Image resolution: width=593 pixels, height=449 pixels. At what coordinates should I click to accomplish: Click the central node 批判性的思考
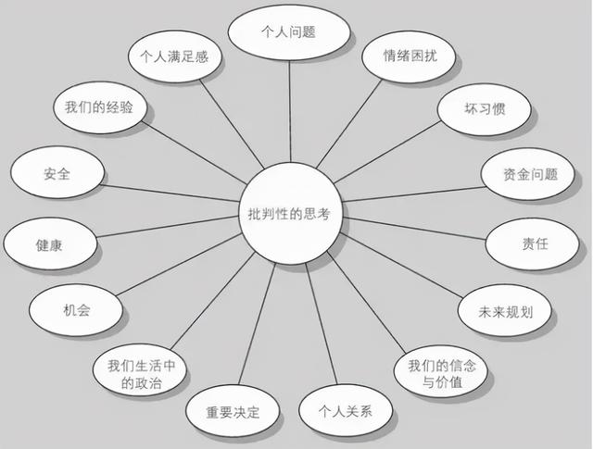point(290,214)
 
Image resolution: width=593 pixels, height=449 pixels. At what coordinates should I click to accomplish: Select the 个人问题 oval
point(289,31)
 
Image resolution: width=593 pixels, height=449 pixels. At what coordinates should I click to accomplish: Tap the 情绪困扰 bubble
point(409,56)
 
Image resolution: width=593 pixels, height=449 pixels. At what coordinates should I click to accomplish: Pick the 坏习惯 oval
point(484,109)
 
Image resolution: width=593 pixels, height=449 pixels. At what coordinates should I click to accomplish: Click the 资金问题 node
point(528,174)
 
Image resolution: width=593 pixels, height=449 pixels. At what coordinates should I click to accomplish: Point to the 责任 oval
point(533,244)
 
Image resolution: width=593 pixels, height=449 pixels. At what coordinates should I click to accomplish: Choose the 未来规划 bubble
point(505,311)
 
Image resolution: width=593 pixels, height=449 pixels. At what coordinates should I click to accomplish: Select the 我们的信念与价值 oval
point(441,371)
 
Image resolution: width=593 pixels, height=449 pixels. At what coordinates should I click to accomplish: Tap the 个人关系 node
point(346,410)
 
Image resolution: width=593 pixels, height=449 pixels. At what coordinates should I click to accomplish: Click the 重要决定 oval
point(233,411)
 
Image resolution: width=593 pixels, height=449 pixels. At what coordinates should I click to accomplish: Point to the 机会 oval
point(76,310)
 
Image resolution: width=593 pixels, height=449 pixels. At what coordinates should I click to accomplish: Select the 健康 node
point(50,244)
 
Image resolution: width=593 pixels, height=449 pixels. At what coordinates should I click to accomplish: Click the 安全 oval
point(57,173)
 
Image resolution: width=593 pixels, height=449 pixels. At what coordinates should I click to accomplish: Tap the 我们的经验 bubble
point(100,107)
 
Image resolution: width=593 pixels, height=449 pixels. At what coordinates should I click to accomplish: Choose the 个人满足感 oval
point(175,56)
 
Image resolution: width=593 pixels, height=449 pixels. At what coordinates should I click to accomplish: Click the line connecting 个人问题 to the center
point(290,111)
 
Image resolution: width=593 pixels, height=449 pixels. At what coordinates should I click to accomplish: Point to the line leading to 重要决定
point(257,324)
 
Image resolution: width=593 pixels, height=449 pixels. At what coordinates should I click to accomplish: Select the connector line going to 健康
point(168,227)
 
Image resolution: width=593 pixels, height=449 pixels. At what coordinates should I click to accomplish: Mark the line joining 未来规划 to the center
point(401,265)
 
